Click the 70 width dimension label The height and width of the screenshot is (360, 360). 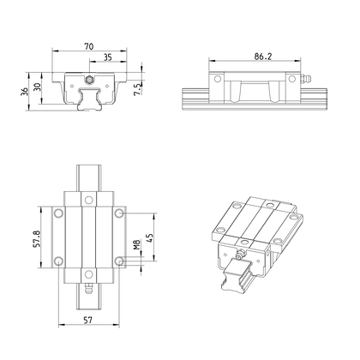coord(89,46)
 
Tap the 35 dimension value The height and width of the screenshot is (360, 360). coord(107,57)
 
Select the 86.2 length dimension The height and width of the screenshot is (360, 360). coord(263,57)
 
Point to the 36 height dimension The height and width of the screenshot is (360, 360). coord(25,92)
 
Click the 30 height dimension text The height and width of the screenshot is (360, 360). coord(38,87)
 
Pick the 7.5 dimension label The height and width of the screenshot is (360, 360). coord(138,89)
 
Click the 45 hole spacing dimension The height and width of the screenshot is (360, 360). coord(150,238)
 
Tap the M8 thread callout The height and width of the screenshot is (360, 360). coord(138,244)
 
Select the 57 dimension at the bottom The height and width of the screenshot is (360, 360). coord(88,320)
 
